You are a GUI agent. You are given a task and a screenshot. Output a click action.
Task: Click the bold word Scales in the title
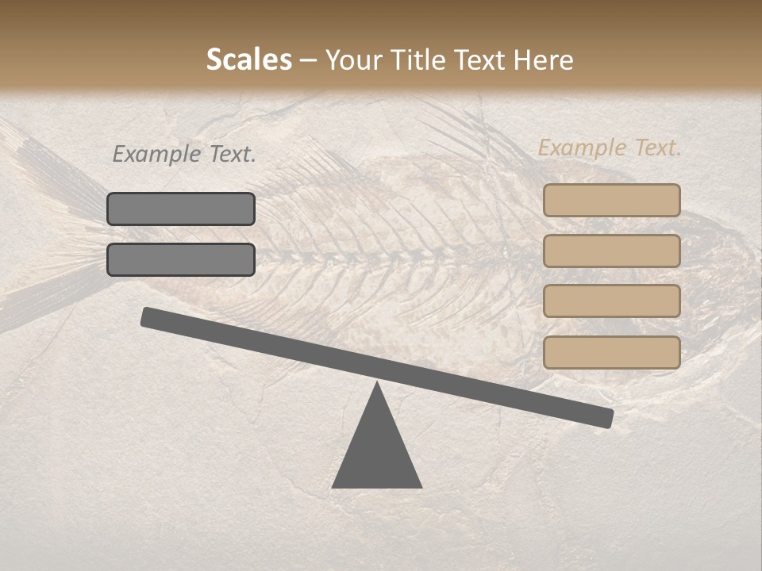[x=248, y=60]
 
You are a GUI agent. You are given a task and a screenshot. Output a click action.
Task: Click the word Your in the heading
[x=354, y=60]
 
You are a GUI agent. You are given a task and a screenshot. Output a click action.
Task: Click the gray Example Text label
[x=184, y=155]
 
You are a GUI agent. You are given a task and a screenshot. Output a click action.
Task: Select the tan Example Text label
[x=610, y=148]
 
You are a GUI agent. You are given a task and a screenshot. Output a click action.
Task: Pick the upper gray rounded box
[x=181, y=209]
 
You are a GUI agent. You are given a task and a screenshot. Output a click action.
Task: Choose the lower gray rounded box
[x=181, y=259]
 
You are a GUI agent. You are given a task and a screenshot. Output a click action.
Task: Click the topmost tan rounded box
[x=611, y=200]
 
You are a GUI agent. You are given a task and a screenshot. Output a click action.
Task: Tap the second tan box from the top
[x=611, y=251]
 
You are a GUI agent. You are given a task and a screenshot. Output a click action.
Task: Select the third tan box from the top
[x=611, y=301]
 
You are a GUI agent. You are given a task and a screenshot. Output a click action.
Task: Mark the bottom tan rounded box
[x=611, y=352]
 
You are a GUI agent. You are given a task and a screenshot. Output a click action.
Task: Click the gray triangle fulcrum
[x=377, y=452]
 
